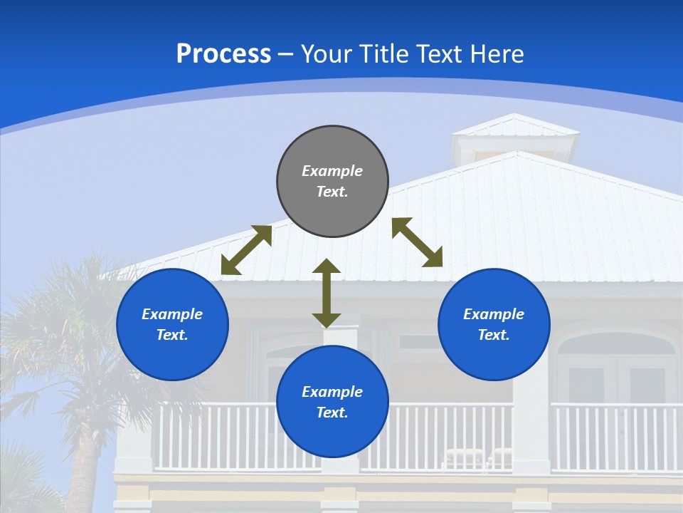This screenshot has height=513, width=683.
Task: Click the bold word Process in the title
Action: click(x=223, y=54)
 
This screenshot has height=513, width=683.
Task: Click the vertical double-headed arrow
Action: click(x=327, y=294)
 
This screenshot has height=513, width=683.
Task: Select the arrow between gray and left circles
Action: click(x=246, y=250)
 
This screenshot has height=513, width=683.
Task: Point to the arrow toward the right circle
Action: click(x=417, y=242)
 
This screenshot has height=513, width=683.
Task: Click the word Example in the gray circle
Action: click(x=332, y=171)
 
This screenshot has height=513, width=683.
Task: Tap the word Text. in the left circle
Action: click(x=172, y=335)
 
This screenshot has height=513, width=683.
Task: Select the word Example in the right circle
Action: click(x=494, y=314)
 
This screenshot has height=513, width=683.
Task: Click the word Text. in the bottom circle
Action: click(x=332, y=413)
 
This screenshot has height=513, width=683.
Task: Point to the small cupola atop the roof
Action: click(x=516, y=139)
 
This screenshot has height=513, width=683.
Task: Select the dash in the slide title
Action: click(x=286, y=54)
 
